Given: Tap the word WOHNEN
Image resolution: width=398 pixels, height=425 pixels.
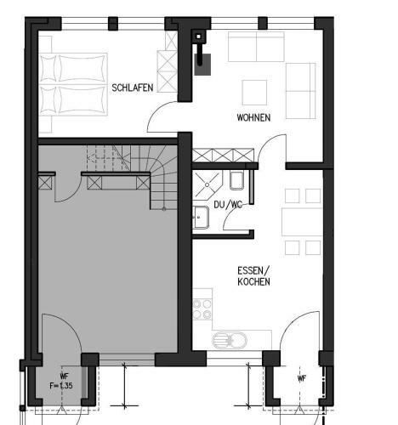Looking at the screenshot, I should (253, 117).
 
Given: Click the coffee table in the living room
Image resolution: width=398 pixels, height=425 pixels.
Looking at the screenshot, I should (255, 92).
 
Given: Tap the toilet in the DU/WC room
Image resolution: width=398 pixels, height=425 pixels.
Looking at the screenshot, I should (236, 180).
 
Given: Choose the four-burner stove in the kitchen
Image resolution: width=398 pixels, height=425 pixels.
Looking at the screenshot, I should (202, 307).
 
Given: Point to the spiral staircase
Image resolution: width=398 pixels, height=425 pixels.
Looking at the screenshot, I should (145, 174).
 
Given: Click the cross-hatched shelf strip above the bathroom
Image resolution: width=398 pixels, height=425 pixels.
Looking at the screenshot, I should (223, 156).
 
